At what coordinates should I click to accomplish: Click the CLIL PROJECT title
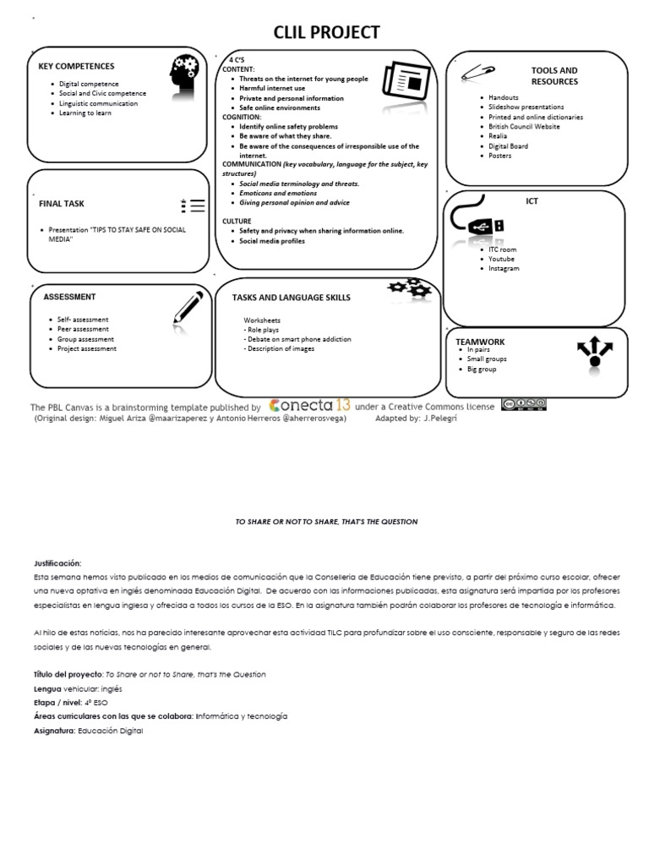click(325, 32)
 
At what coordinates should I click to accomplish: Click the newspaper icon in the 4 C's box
click(401, 79)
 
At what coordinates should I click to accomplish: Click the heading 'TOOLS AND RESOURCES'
click(554, 76)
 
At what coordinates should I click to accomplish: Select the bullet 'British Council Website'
click(524, 126)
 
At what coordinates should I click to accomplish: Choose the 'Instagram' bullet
click(504, 268)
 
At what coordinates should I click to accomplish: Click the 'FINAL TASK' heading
click(62, 204)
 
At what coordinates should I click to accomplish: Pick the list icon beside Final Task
click(193, 205)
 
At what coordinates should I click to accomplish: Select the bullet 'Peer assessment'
click(83, 329)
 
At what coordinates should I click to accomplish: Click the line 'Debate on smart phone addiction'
click(297, 339)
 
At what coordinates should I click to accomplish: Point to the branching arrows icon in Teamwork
click(594, 352)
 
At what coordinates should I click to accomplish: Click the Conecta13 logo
click(308, 404)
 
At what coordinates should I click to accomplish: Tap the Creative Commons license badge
click(523, 404)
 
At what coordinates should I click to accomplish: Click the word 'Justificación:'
click(57, 562)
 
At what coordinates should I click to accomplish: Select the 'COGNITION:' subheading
click(242, 117)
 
